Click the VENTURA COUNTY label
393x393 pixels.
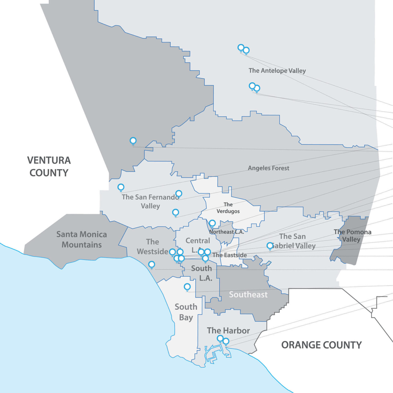pos(49,166)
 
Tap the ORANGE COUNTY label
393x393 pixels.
pos(321,345)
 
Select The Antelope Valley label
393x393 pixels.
pos(277,71)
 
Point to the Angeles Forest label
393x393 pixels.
pos(268,168)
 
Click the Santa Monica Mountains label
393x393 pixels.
pos(82,239)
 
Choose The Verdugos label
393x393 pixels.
pos(228,208)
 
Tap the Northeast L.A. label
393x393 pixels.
pos(227,232)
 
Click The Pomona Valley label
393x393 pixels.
pos(352,236)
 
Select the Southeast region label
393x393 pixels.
pos(248,294)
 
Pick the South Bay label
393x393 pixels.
pos(186,312)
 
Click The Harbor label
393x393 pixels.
pos(228,330)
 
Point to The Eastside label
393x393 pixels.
pos(230,255)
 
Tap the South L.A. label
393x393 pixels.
pos(202,273)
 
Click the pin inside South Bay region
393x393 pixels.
pos(187,287)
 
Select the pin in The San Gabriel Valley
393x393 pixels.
pos(270,246)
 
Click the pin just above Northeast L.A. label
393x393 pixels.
pos(212,223)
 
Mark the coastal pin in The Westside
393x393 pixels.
pos(152,264)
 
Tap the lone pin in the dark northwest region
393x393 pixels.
pos(133,140)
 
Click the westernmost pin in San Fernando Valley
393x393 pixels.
pos(121,187)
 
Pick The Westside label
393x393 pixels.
pos(152,247)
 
